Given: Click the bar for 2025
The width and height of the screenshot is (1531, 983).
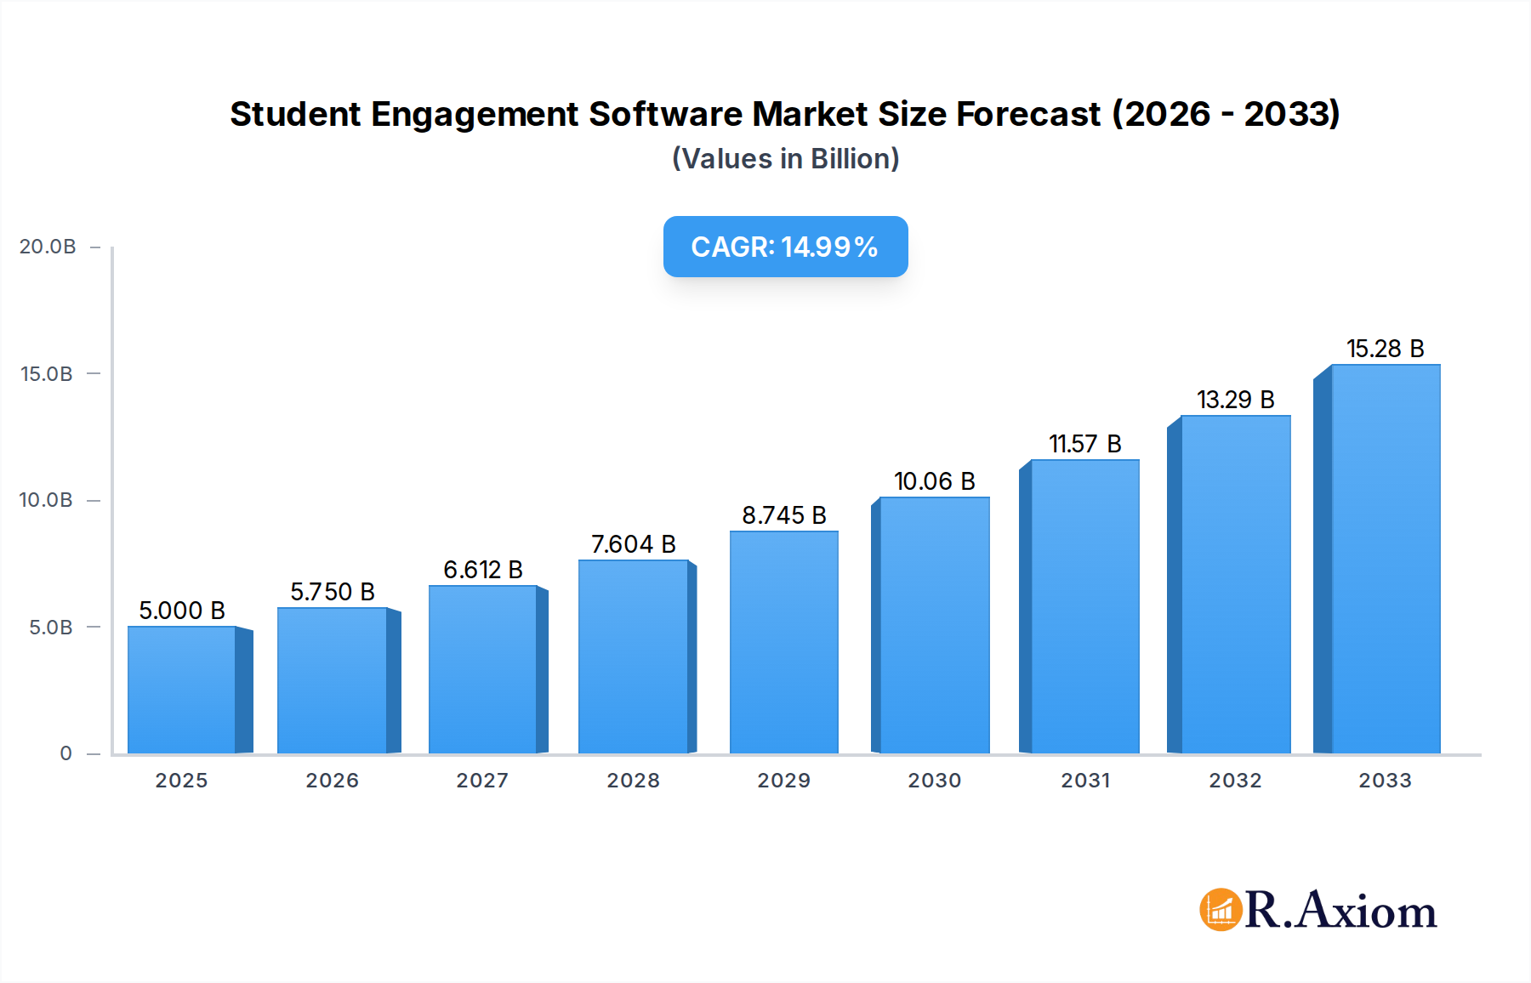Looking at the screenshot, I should click(x=181, y=690).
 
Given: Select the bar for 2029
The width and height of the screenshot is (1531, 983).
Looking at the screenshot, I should click(x=783, y=643).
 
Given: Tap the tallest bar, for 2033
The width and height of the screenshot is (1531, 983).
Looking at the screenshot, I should click(x=1385, y=560).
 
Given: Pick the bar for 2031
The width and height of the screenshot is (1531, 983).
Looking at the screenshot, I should click(x=1084, y=607).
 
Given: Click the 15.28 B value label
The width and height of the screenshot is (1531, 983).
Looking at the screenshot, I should click(x=1385, y=349).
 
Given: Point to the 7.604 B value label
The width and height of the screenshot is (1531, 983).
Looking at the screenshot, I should click(x=633, y=544).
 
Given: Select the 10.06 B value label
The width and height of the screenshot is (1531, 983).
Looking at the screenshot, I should click(x=934, y=481).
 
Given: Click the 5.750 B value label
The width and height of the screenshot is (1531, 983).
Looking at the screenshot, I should click(x=332, y=592).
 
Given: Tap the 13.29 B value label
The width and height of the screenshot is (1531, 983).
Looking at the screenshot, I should click(x=1235, y=400).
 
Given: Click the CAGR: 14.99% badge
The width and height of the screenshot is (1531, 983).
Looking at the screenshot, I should click(x=785, y=247).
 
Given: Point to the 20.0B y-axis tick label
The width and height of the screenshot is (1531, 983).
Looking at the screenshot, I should click(x=48, y=247).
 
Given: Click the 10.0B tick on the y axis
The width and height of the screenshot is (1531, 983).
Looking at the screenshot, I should click(x=46, y=500).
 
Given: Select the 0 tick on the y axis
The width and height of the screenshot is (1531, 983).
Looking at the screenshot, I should click(x=65, y=753).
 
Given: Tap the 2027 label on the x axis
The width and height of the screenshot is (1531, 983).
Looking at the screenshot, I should click(x=482, y=781).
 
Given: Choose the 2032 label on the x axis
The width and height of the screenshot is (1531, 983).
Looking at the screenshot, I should click(x=1235, y=781).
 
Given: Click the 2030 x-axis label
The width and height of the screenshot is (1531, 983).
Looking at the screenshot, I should click(x=934, y=781).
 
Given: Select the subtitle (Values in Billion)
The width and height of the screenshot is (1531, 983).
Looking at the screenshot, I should click(x=785, y=159).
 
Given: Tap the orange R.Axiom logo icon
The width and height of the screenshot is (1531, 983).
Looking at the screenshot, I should click(x=1221, y=910).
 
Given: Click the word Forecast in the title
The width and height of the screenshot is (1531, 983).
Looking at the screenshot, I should click(x=1028, y=115).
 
